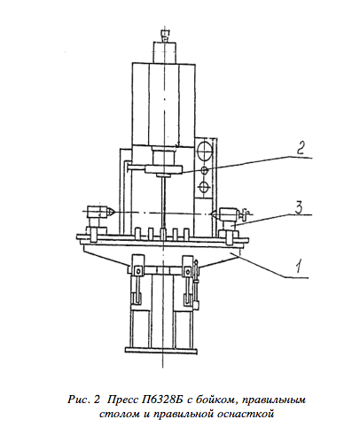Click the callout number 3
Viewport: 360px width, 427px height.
point(298,206)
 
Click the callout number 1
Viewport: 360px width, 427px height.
point(300,267)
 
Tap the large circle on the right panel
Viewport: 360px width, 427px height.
point(204,151)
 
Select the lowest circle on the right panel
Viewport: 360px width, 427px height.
point(204,187)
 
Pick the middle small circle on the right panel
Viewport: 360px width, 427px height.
point(204,170)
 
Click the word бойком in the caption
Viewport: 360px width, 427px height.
point(215,400)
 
